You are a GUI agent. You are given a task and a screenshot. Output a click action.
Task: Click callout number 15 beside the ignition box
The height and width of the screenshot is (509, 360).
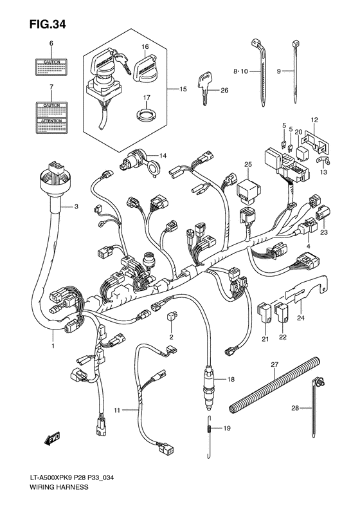coord(183,89)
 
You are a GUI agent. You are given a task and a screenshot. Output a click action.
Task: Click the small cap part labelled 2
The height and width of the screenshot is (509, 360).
coord(172,316)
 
